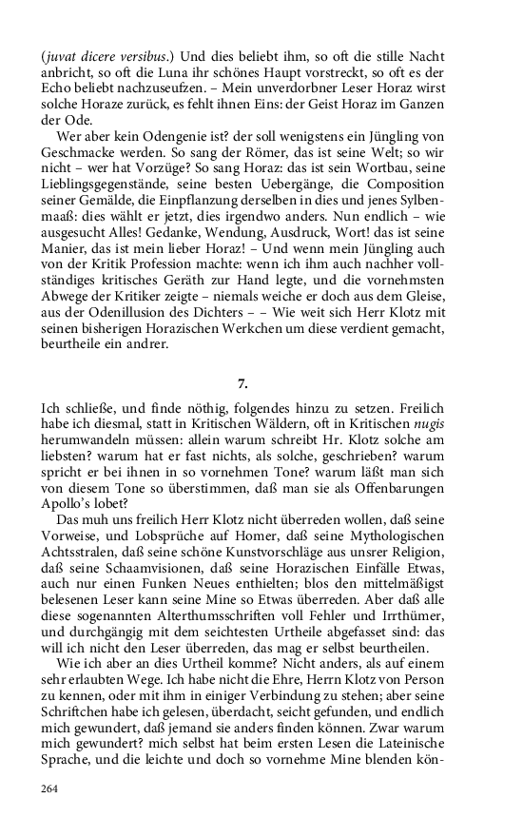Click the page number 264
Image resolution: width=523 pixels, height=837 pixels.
pos(51,788)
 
